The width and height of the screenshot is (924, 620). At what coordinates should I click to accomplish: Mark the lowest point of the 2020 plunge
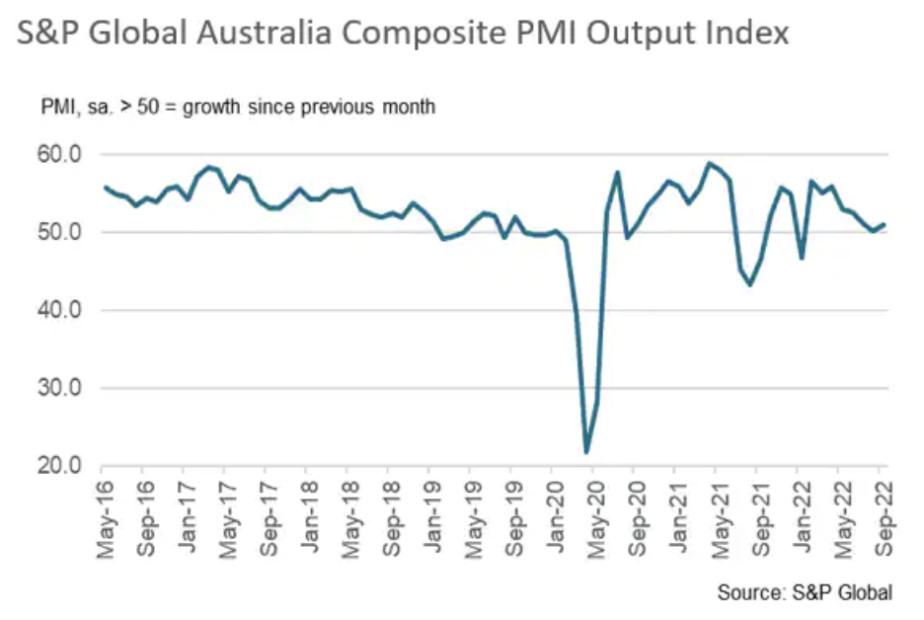(x=587, y=452)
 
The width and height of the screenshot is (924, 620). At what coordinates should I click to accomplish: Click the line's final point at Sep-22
(x=884, y=224)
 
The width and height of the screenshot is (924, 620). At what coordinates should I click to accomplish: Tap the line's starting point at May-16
(x=105, y=188)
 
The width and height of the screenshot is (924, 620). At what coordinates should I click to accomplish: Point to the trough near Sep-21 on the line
(x=750, y=284)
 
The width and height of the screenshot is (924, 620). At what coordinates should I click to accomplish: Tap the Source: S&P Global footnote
(x=805, y=592)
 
